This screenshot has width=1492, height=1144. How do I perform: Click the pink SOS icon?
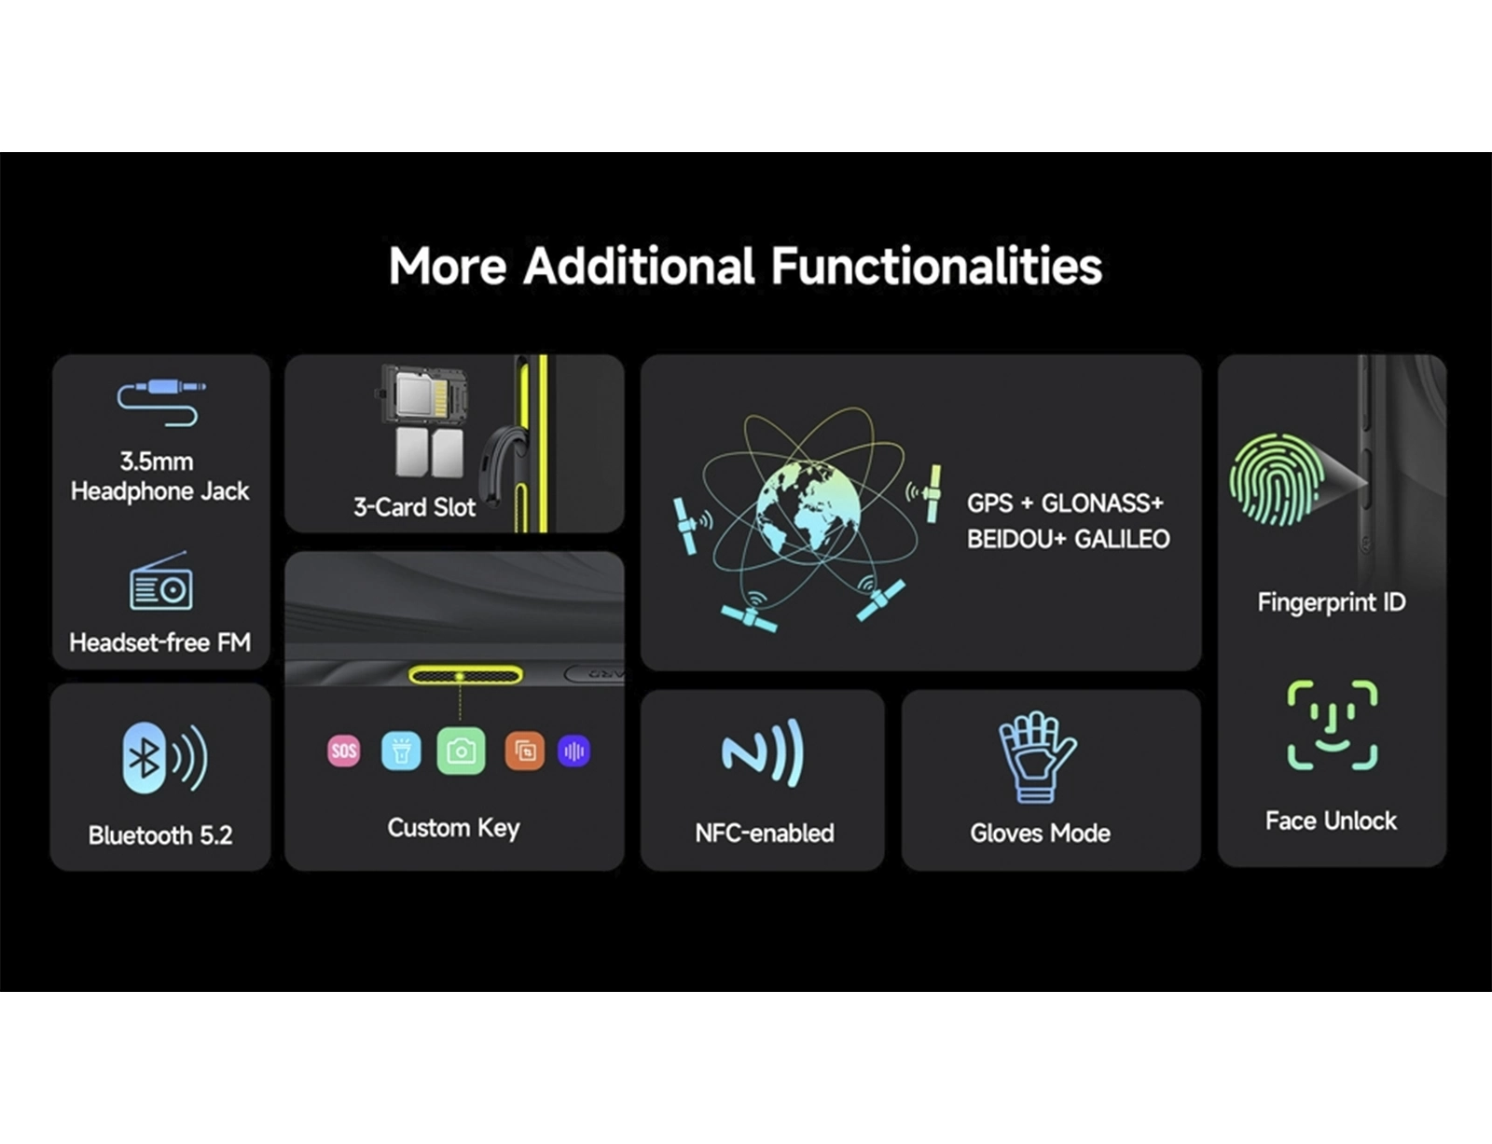point(343,751)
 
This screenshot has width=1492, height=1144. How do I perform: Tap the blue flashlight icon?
point(401,751)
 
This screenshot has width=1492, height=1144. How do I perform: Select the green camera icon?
point(461,751)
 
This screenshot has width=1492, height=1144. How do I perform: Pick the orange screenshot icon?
point(525,751)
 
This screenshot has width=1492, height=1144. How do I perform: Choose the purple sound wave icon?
point(573,751)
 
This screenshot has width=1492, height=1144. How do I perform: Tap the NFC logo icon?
point(762,752)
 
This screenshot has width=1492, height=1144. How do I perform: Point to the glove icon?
point(1037,757)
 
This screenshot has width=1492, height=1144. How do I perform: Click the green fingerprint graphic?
point(1275,480)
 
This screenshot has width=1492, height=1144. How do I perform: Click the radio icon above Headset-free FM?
point(160,581)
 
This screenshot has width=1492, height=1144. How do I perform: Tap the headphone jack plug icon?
point(162,403)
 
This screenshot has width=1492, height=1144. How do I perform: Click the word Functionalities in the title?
point(936,266)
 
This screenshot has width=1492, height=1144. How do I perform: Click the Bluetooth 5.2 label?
point(160,835)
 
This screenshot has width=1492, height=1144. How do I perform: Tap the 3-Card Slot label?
point(414,507)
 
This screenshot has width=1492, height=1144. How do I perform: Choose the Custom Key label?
point(453,828)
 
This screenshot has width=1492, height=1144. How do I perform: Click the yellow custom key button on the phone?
point(465,676)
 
